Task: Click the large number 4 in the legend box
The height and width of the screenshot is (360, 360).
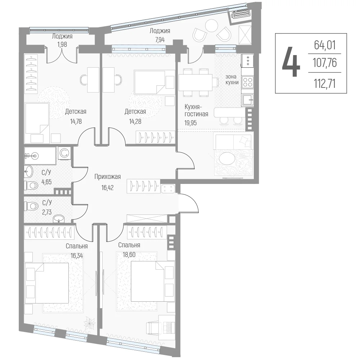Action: [291, 62]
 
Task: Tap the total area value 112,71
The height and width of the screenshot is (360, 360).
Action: [325, 84]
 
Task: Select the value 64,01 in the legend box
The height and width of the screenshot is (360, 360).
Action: [325, 45]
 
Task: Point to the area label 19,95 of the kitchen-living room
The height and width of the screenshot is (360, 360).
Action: [190, 123]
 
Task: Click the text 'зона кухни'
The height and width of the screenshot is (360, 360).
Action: [232, 80]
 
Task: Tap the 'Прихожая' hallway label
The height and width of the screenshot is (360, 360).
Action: [107, 176]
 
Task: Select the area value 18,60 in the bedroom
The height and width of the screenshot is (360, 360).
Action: [129, 255]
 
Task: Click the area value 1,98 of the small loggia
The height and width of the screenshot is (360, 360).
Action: [62, 44]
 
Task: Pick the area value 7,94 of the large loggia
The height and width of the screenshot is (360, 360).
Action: [160, 40]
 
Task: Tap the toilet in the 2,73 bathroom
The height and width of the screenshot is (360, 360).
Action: [31, 206]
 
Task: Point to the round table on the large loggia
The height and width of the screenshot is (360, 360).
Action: [211, 26]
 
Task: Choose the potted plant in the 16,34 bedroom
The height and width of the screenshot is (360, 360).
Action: [89, 324]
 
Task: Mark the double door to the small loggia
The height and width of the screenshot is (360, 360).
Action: [62, 55]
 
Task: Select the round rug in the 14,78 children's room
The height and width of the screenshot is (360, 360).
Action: [54, 102]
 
